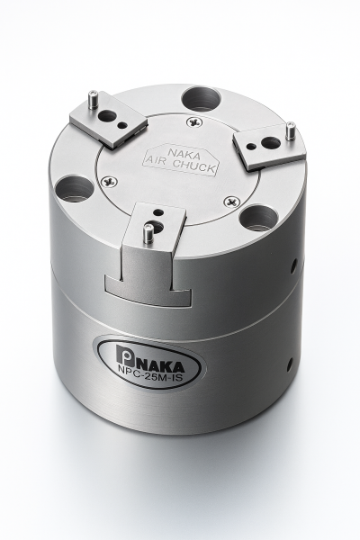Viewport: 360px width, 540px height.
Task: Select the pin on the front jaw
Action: (x=147, y=233)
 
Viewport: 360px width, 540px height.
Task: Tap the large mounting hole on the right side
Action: (x=259, y=217)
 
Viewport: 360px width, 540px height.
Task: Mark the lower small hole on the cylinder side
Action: (x=289, y=364)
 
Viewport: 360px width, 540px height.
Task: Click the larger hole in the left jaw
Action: (x=108, y=115)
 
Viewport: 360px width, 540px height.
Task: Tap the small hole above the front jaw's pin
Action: (x=158, y=214)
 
